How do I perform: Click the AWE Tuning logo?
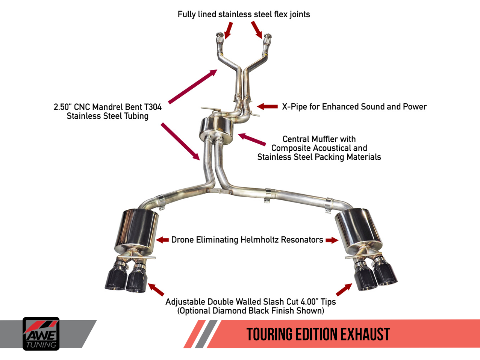(x=41, y=334)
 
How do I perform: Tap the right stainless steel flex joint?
(x=267, y=41)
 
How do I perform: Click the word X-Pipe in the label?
(x=294, y=107)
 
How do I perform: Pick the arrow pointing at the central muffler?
(x=252, y=139)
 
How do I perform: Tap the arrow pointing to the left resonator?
(x=162, y=240)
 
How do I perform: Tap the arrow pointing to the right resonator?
(x=332, y=240)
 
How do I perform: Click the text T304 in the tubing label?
(x=153, y=107)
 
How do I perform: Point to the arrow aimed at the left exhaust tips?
(x=156, y=289)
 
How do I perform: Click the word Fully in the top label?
(x=186, y=14)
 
